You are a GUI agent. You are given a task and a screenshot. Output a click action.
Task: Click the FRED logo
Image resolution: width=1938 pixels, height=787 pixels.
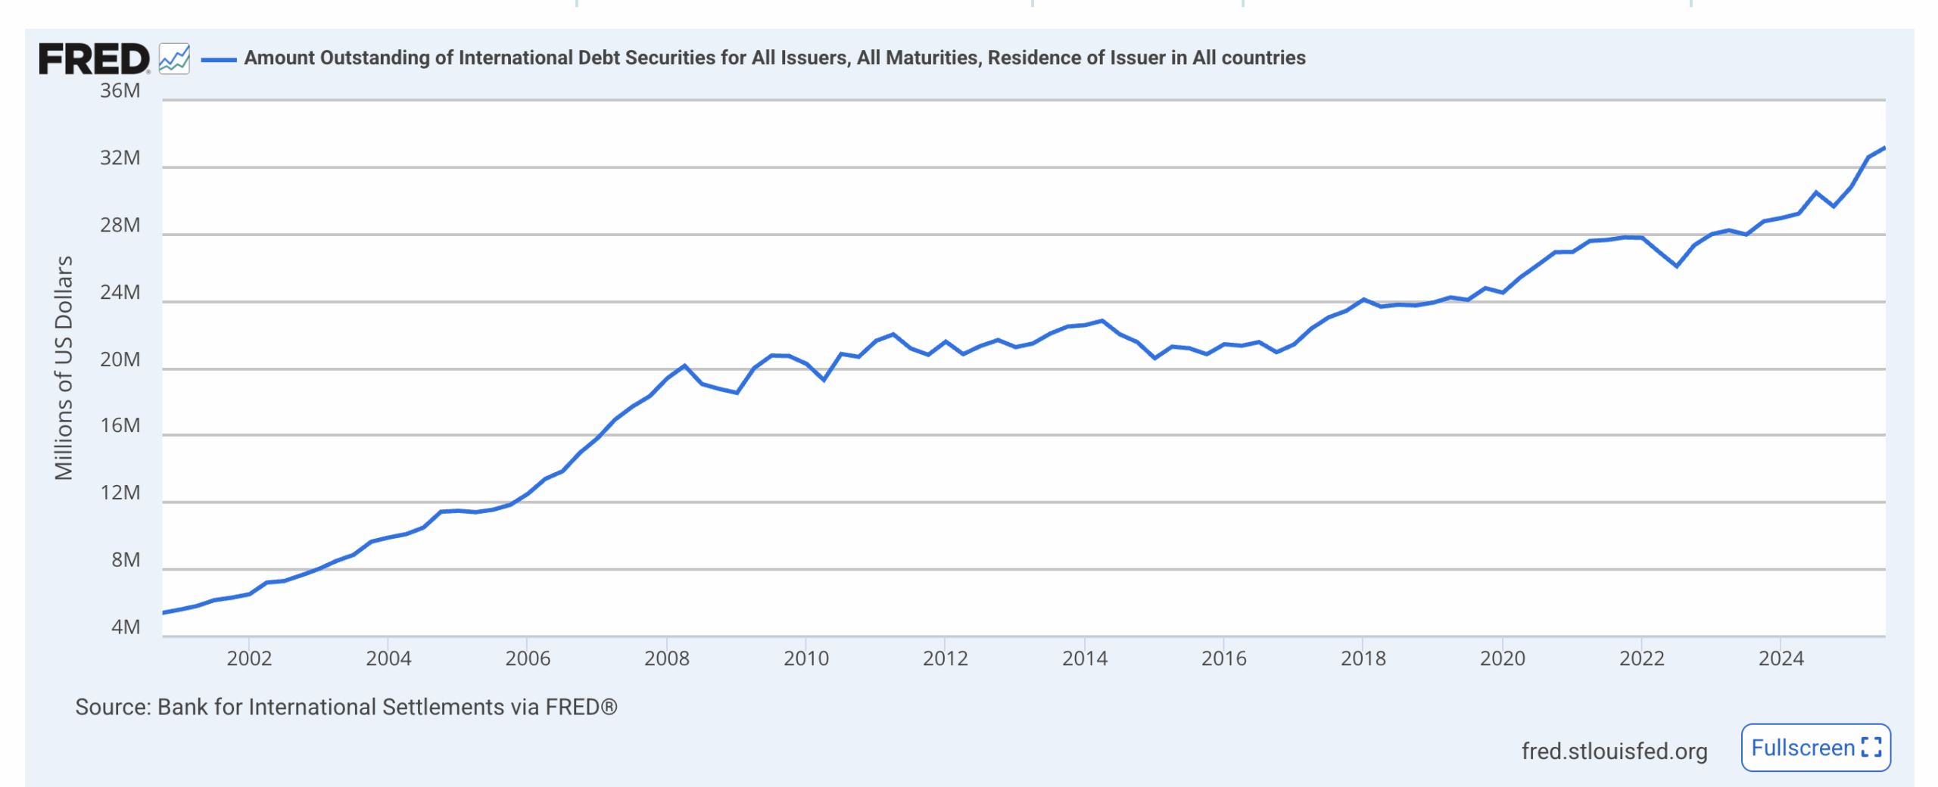click(x=94, y=59)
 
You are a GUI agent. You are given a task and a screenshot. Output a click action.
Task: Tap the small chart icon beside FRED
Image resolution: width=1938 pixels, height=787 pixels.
click(x=174, y=58)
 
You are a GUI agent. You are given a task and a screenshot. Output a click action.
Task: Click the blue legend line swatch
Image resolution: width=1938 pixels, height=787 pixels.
click(x=219, y=59)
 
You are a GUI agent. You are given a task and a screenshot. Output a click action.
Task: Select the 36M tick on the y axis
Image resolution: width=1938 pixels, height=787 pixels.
click(x=120, y=91)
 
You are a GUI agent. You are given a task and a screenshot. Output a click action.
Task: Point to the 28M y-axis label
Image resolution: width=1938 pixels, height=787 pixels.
click(x=120, y=226)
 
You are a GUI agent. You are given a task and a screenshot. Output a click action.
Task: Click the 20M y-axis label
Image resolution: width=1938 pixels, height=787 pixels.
click(x=120, y=359)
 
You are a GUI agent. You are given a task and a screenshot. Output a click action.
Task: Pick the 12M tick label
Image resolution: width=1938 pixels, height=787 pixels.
click(x=120, y=493)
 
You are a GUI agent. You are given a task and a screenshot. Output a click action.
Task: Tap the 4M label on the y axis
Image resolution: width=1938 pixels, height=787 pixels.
click(x=126, y=627)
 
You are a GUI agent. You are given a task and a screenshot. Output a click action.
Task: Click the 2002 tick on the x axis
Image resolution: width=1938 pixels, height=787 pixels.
click(x=249, y=658)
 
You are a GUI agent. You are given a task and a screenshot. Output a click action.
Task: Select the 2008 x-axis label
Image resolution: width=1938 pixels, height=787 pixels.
click(x=666, y=658)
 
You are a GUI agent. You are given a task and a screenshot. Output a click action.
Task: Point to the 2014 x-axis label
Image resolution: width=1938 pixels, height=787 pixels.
click(x=1084, y=658)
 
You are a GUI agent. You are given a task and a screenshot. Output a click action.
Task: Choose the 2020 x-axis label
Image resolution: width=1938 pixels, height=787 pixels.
click(x=1502, y=658)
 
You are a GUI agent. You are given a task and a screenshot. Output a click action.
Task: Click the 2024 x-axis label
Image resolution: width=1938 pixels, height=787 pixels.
click(x=1781, y=658)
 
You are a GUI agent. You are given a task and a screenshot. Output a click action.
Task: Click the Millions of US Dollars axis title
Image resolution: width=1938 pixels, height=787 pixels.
click(x=64, y=368)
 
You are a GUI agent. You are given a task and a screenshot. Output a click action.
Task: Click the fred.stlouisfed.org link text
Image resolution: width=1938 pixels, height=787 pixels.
click(x=1614, y=751)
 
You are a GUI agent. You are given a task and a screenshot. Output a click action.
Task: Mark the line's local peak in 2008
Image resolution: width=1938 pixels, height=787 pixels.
click(x=684, y=366)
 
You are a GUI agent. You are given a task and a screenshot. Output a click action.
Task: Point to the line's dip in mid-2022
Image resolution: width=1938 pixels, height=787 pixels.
click(x=1677, y=266)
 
